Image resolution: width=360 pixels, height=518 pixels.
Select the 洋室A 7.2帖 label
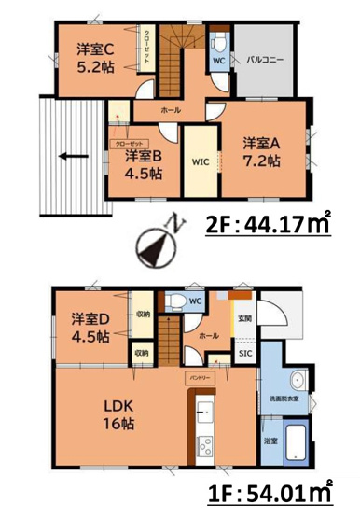pos(262,151)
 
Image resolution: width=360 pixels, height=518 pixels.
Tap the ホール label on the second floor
pos(171,111)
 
